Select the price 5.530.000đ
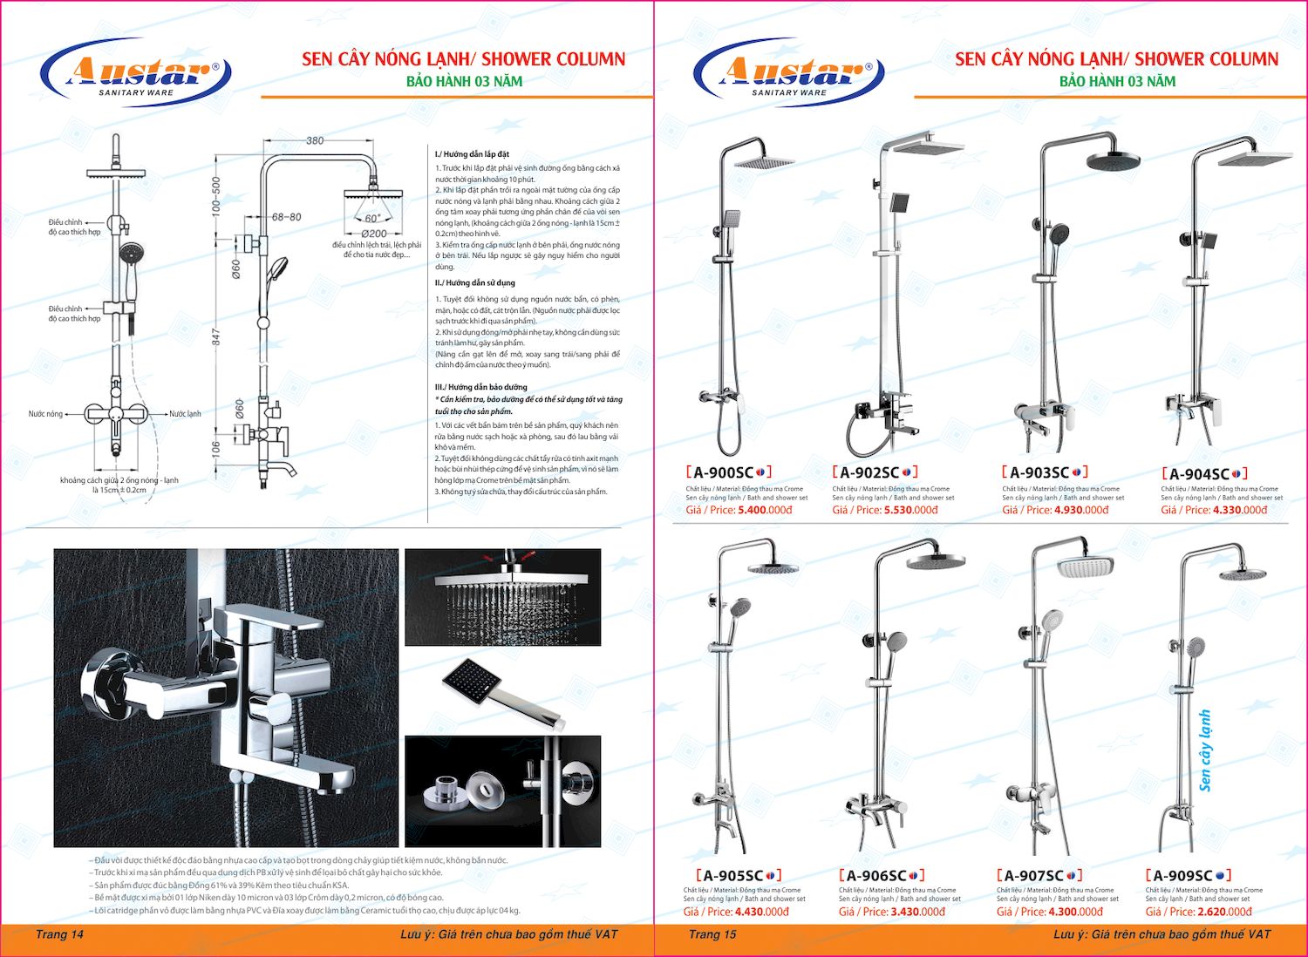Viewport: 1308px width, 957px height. pyautogui.click(x=911, y=510)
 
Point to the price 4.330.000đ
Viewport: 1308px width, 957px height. pyautogui.click(x=1240, y=510)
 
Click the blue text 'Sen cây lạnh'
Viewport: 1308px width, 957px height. pyautogui.click(x=1205, y=750)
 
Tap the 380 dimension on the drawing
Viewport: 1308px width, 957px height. pyautogui.click(x=315, y=140)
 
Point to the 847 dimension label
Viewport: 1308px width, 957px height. pyautogui.click(x=216, y=336)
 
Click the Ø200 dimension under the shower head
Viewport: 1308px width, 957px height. pyautogui.click(x=374, y=234)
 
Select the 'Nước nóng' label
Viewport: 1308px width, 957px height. pyautogui.click(x=45, y=414)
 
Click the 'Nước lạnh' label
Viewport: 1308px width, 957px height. pyautogui.click(x=185, y=414)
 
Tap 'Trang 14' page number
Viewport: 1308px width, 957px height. pyautogui.click(x=59, y=934)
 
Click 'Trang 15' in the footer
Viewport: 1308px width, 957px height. pyautogui.click(x=712, y=934)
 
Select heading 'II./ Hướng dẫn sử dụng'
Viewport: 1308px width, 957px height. pyautogui.click(x=475, y=282)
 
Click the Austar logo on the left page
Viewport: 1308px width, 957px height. pyautogui.click(x=136, y=73)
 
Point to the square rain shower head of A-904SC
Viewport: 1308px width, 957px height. pyautogui.click(x=1255, y=159)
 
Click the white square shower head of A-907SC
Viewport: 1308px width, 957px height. pyautogui.click(x=1086, y=567)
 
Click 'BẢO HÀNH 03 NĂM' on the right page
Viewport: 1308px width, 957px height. pyautogui.click(x=1117, y=81)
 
